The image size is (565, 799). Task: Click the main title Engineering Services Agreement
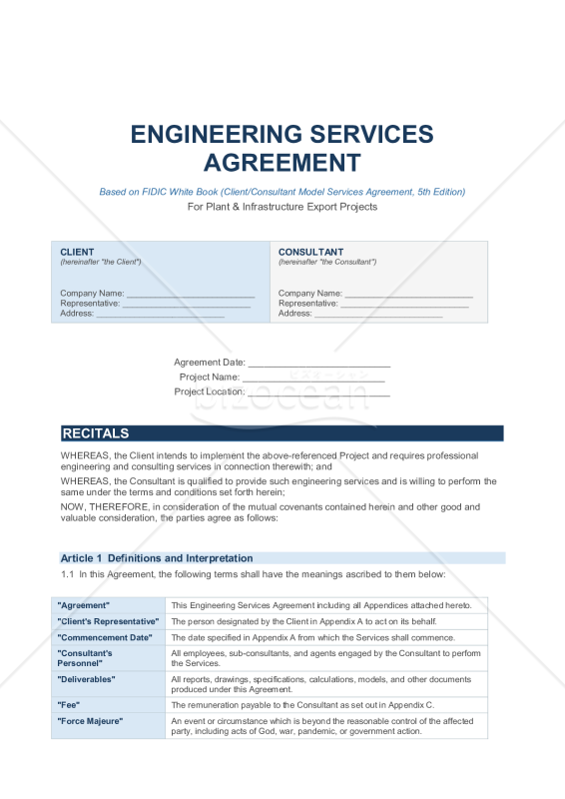282,148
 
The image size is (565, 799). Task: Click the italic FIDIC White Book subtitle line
282,192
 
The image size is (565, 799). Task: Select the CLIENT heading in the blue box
78,252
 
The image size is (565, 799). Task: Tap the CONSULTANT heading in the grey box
310,252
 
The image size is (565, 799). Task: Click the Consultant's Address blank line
378,316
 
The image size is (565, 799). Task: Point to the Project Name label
209,378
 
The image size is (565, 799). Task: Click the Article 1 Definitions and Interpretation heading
157,558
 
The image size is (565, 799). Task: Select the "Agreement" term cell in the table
84,605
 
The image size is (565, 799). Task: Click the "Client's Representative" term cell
108,621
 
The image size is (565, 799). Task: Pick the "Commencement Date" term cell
105,637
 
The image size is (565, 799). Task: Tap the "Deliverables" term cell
87,679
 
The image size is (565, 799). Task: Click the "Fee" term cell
70,704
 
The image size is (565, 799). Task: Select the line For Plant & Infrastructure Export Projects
282,207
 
